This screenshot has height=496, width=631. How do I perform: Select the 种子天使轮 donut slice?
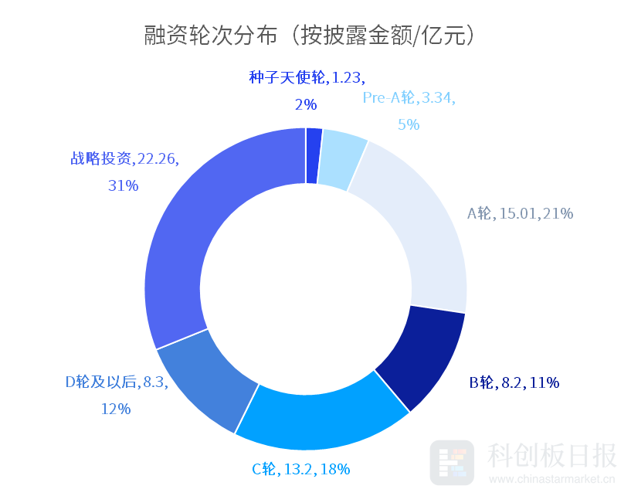point(314,155)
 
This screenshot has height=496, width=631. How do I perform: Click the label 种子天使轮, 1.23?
point(307,78)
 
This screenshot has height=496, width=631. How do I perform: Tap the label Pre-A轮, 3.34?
point(409,98)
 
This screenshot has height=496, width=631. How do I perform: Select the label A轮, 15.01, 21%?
point(521,214)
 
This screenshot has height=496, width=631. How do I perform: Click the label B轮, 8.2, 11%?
point(514,382)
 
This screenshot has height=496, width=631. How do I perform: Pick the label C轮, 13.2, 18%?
point(301,468)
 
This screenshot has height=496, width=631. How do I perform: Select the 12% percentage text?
point(116,409)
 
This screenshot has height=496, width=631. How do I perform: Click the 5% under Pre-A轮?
point(409,124)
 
